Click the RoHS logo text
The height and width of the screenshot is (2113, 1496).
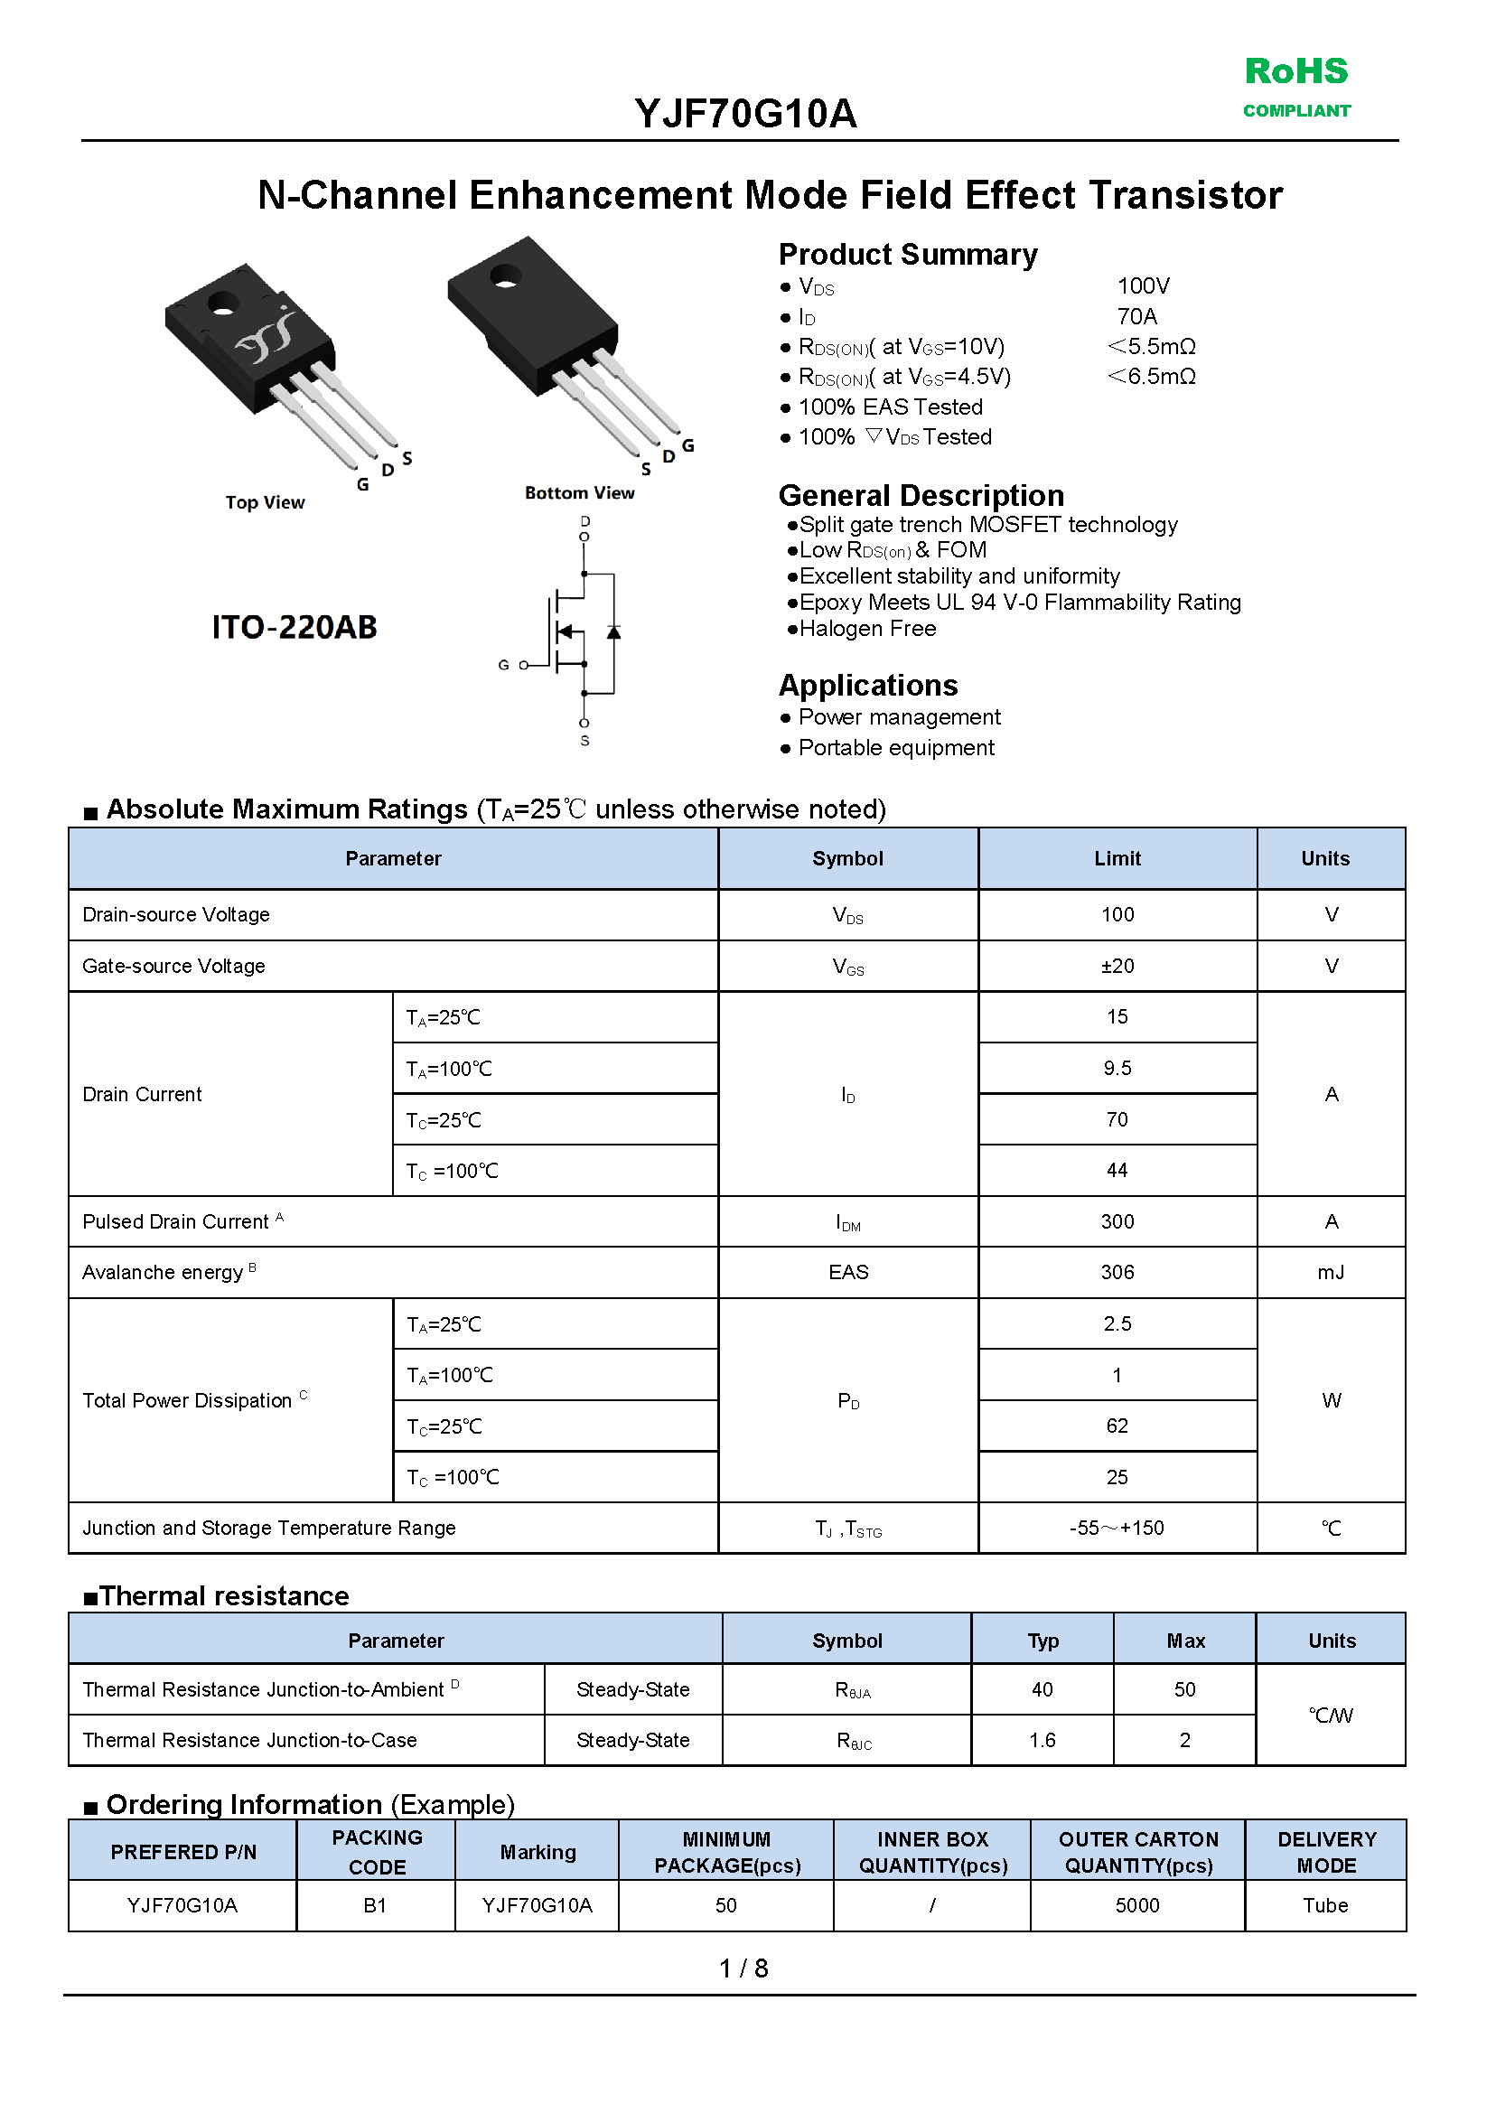pos(1295,72)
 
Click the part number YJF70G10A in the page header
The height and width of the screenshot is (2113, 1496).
pos(745,114)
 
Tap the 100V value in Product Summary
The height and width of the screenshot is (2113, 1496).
pos(1142,286)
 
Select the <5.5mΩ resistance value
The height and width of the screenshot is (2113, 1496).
pos(1152,347)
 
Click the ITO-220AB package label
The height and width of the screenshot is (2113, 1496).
pos(294,627)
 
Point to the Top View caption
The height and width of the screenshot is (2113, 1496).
pos(265,502)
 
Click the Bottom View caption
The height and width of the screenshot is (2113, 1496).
pos(579,492)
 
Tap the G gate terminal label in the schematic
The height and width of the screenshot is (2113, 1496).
pos(503,665)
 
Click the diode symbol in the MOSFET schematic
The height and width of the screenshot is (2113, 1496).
pos(613,631)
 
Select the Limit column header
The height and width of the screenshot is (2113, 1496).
pos(1117,858)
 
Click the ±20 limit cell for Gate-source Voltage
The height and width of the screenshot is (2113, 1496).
pos(1117,966)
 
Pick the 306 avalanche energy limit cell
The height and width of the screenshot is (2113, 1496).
pos(1117,1272)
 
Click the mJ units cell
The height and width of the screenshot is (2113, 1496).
pos(1330,1272)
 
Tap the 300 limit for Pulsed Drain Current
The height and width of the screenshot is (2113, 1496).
pos(1117,1221)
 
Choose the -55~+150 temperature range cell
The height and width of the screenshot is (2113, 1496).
pos(1117,1529)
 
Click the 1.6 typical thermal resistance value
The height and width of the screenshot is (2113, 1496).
pos(1042,1740)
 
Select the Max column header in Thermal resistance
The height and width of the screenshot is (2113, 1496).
pos(1184,1641)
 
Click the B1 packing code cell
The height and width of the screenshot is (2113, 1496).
pos(375,1905)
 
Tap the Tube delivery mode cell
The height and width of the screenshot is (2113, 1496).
pos(1324,1905)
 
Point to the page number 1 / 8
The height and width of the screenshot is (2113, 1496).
pos(743,1968)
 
